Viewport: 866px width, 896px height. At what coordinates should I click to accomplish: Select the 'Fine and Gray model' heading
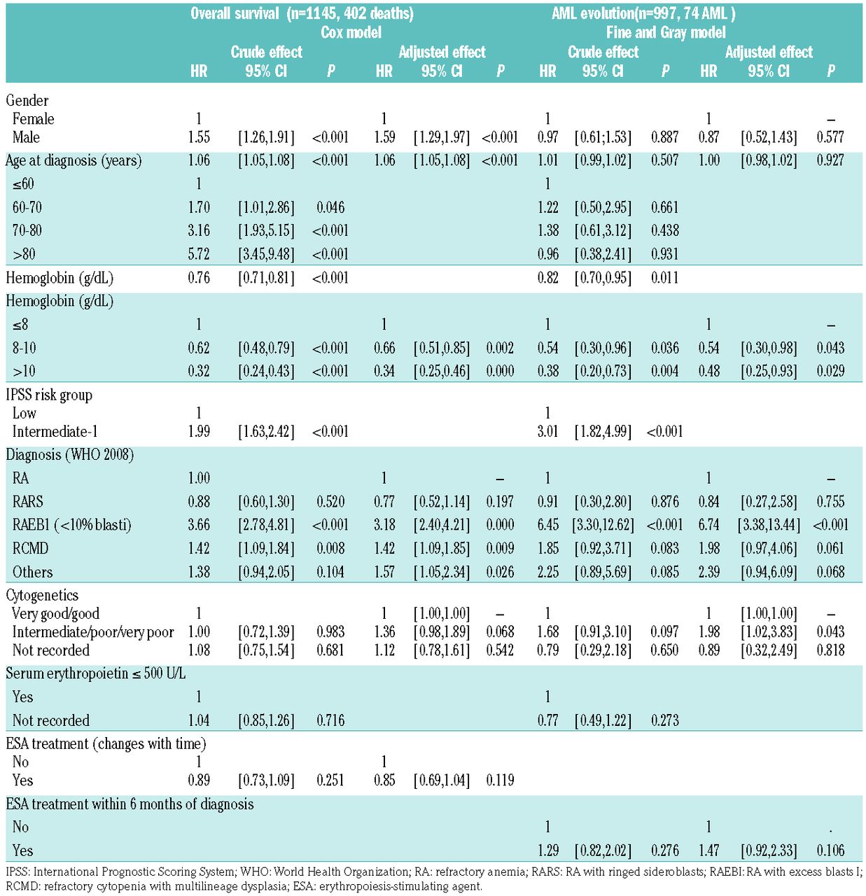tap(665, 32)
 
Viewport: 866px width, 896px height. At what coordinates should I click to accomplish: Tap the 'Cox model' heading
tap(351, 32)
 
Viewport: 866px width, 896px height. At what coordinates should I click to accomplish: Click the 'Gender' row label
tap(27, 100)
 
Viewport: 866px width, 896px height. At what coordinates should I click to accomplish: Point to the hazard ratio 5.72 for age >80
tap(199, 254)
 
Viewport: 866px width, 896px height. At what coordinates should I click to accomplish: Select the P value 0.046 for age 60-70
tap(330, 207)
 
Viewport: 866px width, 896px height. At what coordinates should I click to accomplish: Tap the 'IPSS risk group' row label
tap(49, 395)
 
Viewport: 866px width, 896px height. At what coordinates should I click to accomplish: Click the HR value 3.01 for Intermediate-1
tap(547, 432)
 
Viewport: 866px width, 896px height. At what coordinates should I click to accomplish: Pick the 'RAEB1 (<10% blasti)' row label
tap(71, 525)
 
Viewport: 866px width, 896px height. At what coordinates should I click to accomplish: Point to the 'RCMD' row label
tap(30, 548)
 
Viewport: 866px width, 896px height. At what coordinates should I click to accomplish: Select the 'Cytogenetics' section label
tap(42, 596)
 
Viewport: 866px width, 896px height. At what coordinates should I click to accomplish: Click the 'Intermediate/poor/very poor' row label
tap(93, 632)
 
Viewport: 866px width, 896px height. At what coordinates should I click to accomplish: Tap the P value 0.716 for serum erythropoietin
tap(330, 720)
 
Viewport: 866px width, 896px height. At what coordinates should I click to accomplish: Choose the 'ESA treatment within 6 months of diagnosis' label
tap(130, 804)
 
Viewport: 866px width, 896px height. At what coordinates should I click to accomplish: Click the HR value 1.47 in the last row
tap(708, 850)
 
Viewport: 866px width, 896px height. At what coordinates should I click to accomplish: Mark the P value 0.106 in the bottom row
tap(830, 850)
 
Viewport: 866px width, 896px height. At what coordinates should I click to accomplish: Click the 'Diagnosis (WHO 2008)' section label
tap(69, 455)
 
